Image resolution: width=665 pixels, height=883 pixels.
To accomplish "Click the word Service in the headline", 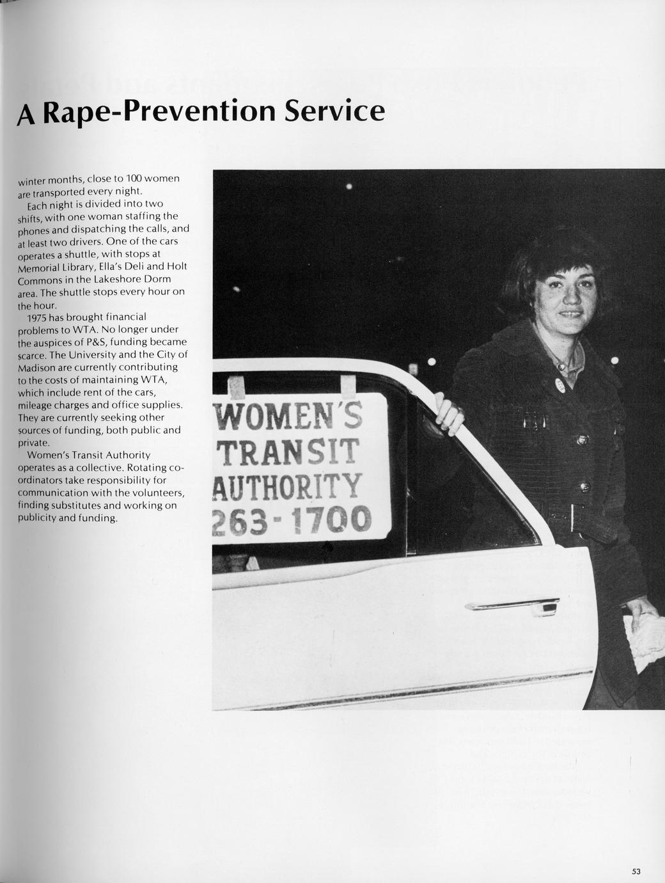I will pos(334,111).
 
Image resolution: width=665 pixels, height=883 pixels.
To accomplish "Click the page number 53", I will pos(636,871).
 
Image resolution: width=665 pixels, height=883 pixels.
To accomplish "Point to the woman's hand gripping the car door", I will pos(449,414).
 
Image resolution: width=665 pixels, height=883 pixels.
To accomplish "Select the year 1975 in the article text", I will pos(38,317).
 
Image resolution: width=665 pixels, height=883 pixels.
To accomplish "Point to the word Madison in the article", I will pos(35,368).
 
